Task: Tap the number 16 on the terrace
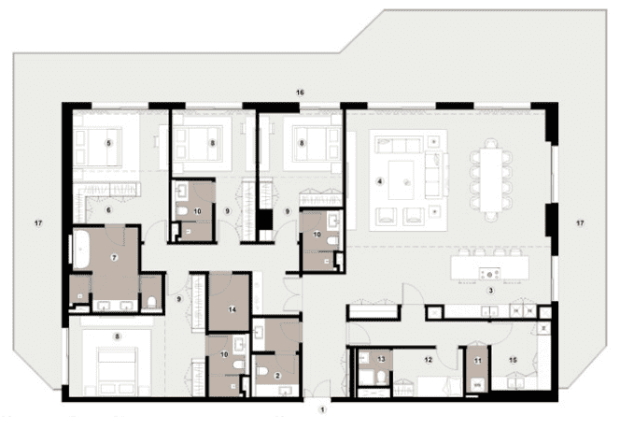pyautogui.click(x=300, y=93)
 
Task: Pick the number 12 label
pyautogui.click(x=430, y=358)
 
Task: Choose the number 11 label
pyautogui.click(x=477, y=361)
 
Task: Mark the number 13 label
pyautogui.click(x=383, y=359)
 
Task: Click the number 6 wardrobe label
pyautogui.click(x=108, y=210)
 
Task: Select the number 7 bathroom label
pyautogui.click(x=114, y=256)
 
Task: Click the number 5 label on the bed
pyautogui.click(x=108, y=142)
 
